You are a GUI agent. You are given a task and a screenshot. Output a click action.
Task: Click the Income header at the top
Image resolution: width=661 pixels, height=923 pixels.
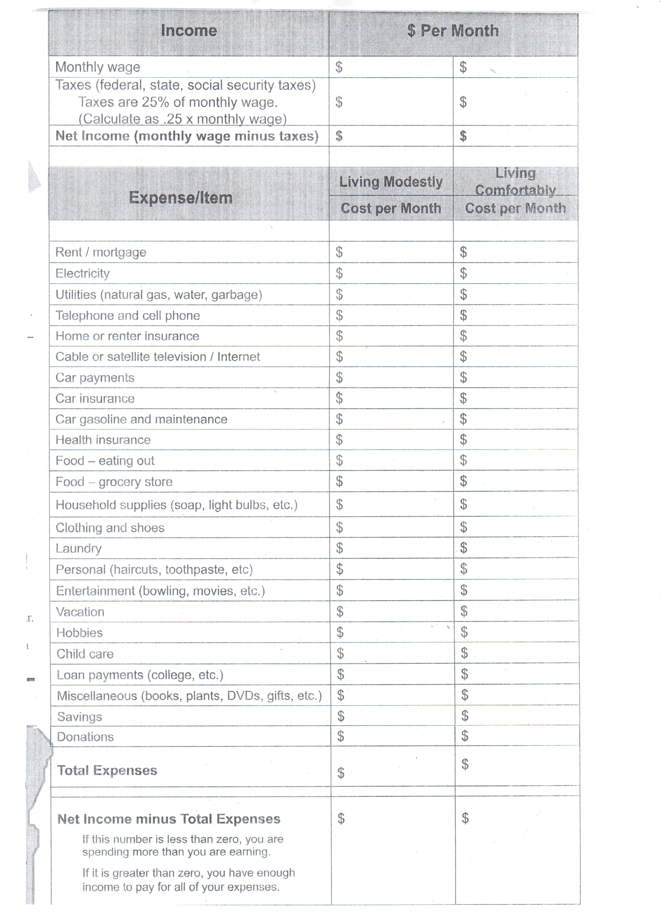click(x=189, y=31)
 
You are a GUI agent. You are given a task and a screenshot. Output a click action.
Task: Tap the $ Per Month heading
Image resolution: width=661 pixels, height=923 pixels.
click(x=453, y=31)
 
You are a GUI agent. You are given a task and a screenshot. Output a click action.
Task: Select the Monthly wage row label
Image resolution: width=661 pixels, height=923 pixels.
click(x=98, y=67)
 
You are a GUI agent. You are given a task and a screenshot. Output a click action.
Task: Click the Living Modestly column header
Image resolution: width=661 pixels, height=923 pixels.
click(x=391, y=182)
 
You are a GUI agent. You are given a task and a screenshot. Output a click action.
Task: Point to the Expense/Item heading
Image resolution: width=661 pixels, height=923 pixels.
click(x=181, y=198)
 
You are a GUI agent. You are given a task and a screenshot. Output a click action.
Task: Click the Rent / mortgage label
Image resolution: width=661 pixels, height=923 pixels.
click(x=101, y=252)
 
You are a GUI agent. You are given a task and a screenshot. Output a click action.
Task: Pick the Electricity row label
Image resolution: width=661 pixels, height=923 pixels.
click(x=83, y=273)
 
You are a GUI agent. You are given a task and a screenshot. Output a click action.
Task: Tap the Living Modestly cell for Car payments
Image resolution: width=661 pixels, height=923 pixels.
click(x=391, y=377)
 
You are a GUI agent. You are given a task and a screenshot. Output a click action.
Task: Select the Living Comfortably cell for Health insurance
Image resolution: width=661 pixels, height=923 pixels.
click(x=515, y=439)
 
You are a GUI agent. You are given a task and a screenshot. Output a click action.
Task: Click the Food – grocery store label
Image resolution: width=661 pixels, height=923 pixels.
click(x=114, y=482)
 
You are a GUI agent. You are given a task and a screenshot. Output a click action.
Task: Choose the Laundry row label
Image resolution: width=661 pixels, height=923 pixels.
click(x=78, y=548)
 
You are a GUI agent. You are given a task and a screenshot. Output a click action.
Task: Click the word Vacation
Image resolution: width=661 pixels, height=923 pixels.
click(x=80, y=612)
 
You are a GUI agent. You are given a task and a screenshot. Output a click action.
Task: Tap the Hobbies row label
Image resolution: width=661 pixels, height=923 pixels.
click(x=79, y=633)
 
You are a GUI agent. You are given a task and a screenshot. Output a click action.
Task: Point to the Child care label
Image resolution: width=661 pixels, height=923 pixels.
click(x=85, y=654)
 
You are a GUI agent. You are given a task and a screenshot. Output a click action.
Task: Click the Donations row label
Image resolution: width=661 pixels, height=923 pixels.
click(x=85, y=737)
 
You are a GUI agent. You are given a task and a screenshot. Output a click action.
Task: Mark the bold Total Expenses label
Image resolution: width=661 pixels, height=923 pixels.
click(x=107, y=771)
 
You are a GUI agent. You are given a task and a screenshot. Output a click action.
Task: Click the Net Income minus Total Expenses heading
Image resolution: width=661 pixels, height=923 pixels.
click(x=169, y=819)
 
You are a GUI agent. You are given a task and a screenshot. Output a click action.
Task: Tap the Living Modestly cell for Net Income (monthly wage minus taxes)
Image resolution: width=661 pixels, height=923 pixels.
click(x=391, y=136)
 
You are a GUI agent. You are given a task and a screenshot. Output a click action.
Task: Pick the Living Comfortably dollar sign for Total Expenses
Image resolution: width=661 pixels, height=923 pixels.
click(x=465, y=764)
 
